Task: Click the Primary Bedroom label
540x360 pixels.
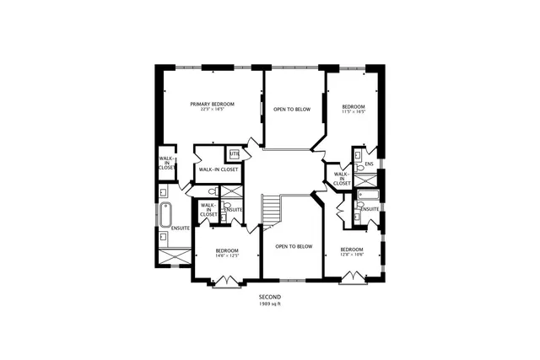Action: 212,104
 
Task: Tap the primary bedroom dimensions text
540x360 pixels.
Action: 212,110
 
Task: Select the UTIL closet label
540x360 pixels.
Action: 234,153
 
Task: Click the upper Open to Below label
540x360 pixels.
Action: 292,110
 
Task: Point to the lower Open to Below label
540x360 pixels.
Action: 294,246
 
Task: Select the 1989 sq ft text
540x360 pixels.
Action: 269,304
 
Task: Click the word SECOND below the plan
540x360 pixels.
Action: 269,297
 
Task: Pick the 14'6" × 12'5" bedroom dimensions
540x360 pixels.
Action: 227,256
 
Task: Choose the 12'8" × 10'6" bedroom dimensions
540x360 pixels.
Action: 351,255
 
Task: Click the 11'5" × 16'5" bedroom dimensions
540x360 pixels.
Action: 353,111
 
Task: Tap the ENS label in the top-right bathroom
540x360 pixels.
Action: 369,164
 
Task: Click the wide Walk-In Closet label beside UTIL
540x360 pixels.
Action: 218,169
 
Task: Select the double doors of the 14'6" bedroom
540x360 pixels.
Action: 226,284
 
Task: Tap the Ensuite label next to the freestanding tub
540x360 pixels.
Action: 180,228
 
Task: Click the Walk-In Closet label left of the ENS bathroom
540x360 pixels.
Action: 342,179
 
